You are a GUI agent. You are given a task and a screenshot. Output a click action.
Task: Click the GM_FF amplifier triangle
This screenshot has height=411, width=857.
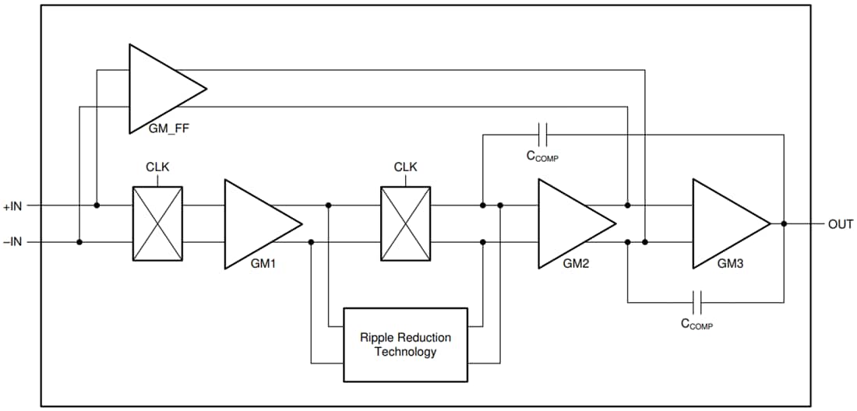click(x=160, y=88)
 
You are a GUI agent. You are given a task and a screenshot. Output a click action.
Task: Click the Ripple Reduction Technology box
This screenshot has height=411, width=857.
click(x=405, y=344)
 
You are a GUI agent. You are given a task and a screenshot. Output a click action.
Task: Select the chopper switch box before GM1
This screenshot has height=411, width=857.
click(x=158, y=223)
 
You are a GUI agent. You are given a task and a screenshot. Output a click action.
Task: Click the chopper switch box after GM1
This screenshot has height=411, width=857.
click(x=405, y=223)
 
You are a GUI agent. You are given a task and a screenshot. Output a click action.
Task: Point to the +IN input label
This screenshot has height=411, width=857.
click(x=14, y=206)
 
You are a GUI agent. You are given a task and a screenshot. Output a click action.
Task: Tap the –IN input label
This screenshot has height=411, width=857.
click(x=14, y=242)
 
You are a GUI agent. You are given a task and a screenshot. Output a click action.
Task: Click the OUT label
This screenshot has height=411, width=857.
click(x=840, y=224)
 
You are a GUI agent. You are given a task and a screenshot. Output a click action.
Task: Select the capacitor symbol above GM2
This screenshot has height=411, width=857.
click(x=544, y=135)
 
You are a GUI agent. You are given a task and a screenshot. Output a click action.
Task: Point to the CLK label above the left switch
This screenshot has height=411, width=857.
click(x=158, y=167)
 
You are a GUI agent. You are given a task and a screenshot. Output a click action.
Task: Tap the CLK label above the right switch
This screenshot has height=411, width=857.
click(x=405, y=167)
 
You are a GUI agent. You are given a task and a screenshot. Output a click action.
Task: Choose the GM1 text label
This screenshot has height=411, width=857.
click(x=263, y=264)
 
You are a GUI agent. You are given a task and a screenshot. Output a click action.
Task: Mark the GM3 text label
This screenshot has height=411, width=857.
click(x=730, y=264)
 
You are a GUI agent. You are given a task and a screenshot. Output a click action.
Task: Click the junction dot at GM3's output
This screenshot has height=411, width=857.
click(x=784, y=224)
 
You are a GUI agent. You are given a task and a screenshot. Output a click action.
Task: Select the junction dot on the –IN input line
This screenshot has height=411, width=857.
click(x=79, y=242)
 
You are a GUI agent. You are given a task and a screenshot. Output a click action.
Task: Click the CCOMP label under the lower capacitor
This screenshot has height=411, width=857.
click(x=697, y=324)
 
